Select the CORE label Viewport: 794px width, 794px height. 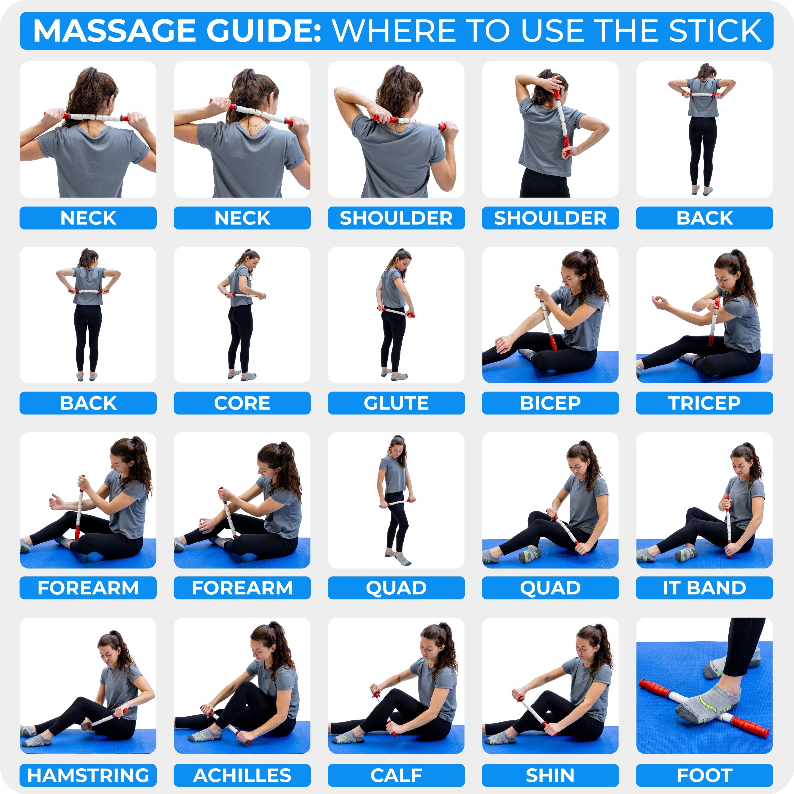tap(242, 403)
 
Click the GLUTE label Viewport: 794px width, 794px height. tap(396, 403)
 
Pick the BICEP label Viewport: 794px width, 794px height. tap(550, 403)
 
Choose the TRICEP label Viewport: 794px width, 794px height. tap(704, 403)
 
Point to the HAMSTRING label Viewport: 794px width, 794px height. tap(88, 775)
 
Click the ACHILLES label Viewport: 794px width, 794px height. tap(242, 775)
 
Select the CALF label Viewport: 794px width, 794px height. tap(396, 775)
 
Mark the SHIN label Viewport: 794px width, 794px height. tap(550, 775)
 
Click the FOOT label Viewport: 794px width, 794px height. tap(704, 775)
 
